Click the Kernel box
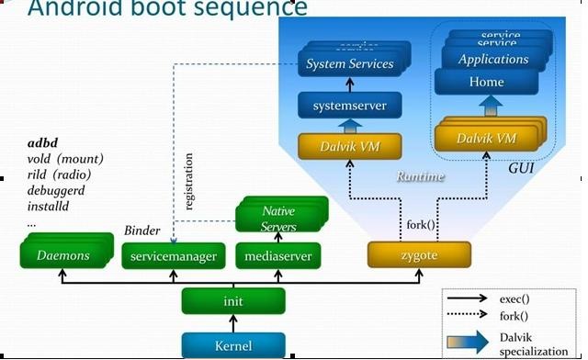[233, 345]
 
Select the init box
[233, 300]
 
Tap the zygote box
[419, 255]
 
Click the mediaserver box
[279, 256]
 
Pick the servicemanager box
[173, 256]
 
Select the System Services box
[350, 63]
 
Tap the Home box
[486, 82]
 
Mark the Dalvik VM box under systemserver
[349, 145]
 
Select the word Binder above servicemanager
[142, 230]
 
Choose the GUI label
[523, 169]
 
